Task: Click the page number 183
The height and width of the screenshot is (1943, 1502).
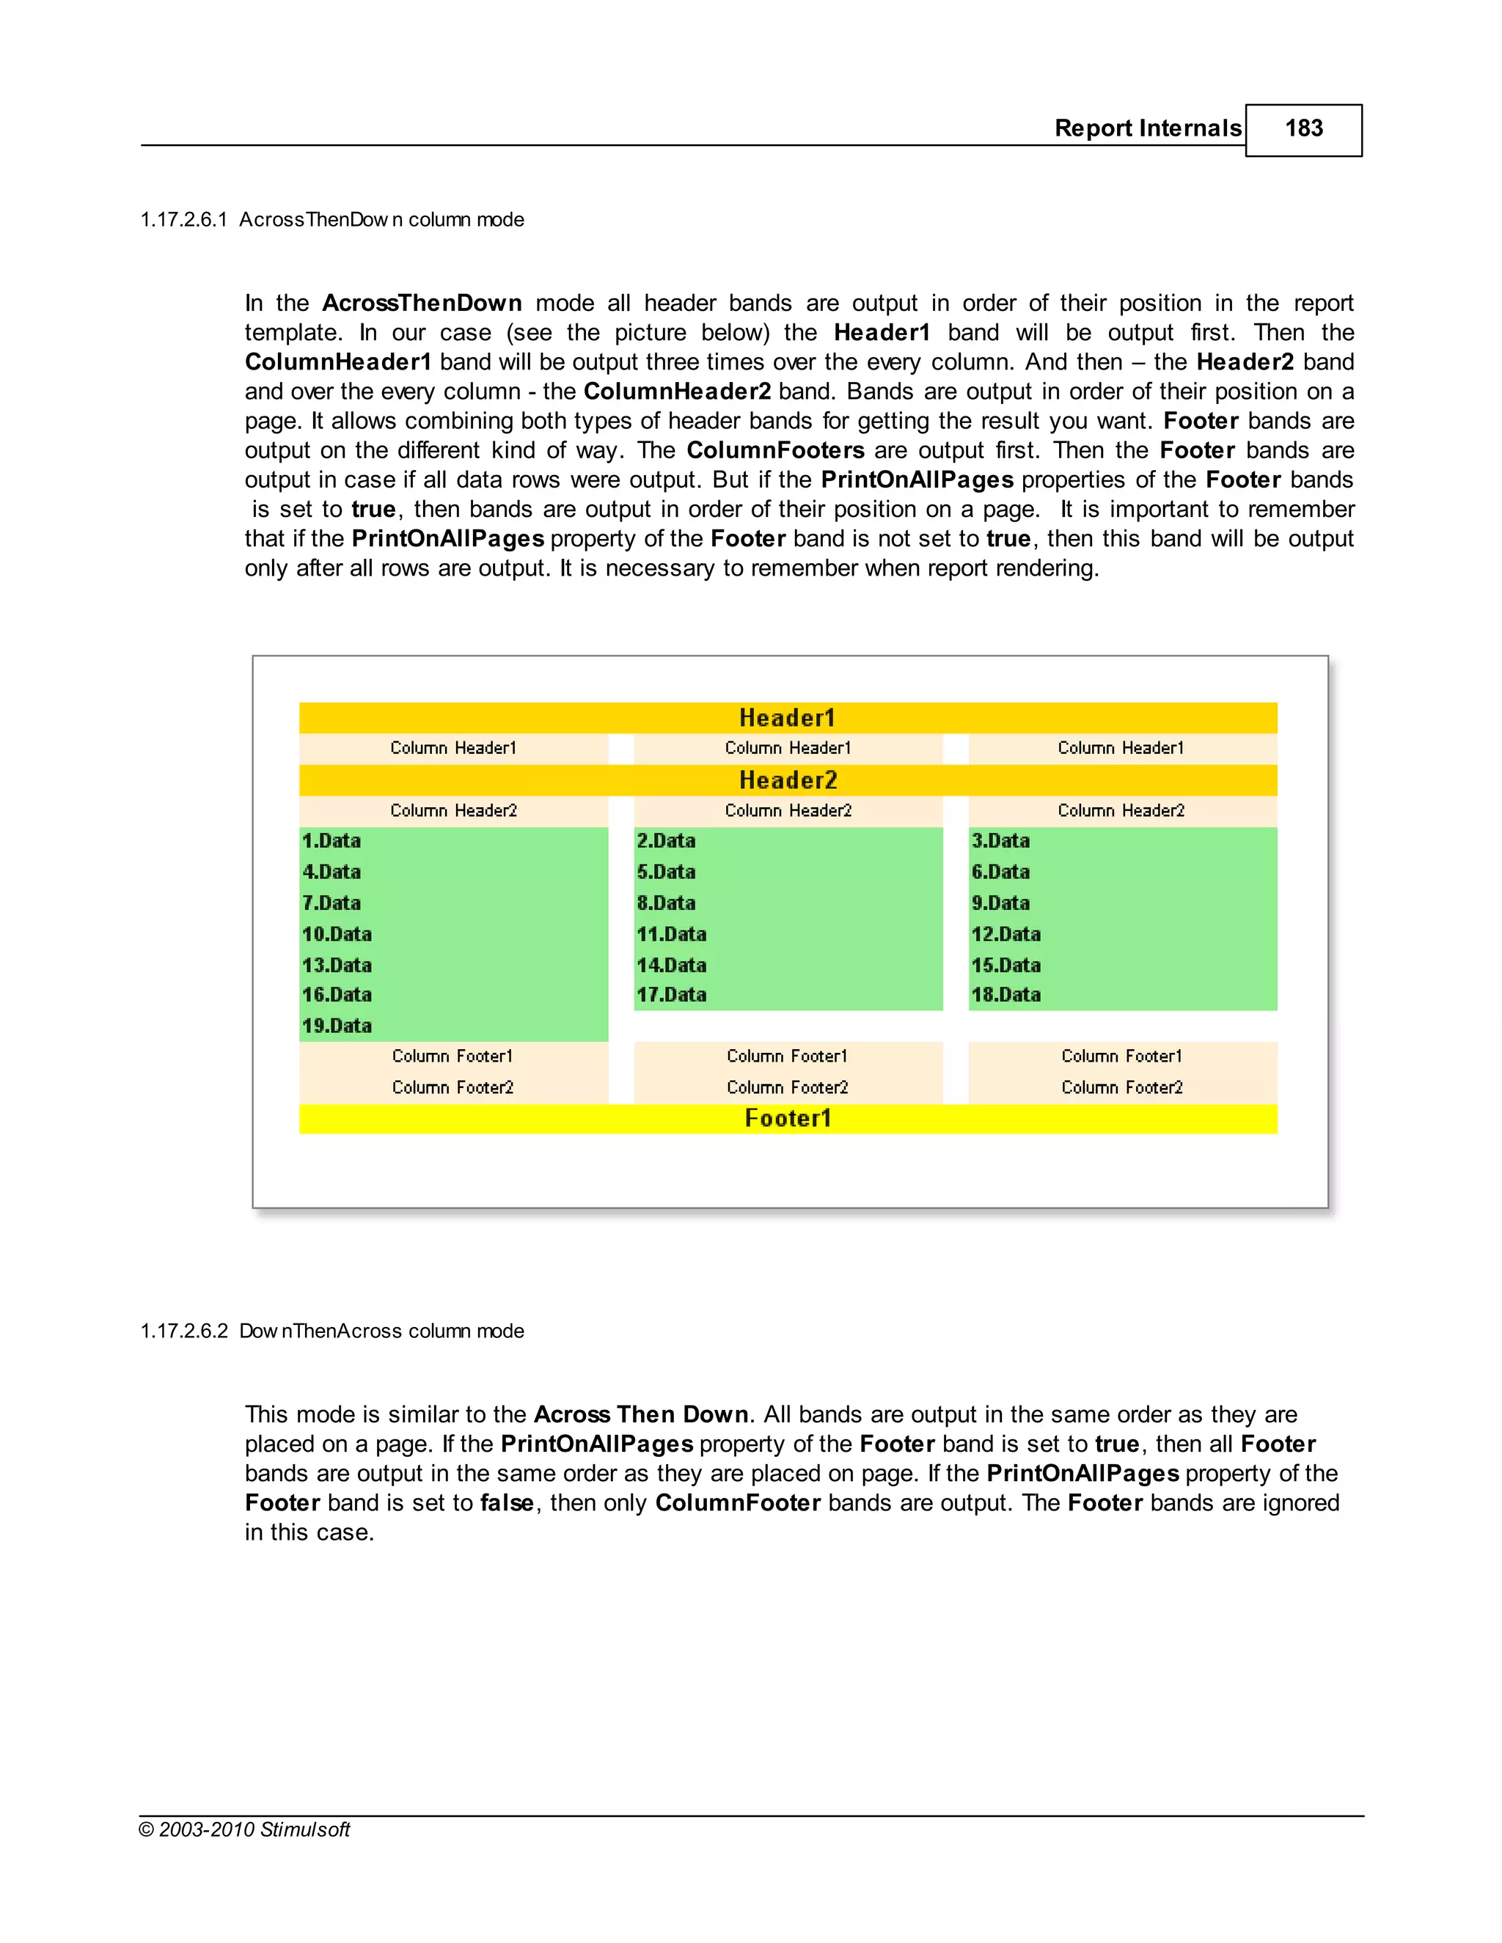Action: click(x=1303, y=128)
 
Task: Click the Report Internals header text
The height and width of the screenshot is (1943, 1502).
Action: click(x=1147, y=128)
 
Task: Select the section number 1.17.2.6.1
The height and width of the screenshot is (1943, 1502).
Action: click(x=183, y=220)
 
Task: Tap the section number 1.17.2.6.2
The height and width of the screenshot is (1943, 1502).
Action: click(x=183, y=1331)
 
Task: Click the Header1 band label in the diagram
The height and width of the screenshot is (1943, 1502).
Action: click(x=788, y=718)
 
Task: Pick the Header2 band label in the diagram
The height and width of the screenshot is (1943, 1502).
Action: click(x=788, y=780)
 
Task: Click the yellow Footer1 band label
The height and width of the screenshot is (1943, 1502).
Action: click(x=788, y=1118)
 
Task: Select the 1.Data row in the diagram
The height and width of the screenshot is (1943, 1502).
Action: click(x=331, y=841)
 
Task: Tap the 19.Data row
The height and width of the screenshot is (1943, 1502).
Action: click(x=337, y=1026)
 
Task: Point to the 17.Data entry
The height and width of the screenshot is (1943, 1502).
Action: click(x=671, y=995)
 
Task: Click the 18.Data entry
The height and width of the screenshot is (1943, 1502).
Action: click(x=1005, y=995)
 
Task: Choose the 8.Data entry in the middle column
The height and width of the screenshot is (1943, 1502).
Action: click(x=666, y=903)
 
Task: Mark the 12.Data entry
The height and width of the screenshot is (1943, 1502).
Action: click(x=1005, y=934)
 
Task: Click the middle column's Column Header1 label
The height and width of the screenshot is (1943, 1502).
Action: click(x=788, y=748)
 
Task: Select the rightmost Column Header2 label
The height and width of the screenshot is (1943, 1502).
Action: click(x=1121, y=810)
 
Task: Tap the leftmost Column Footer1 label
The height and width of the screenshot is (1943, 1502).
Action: click(x=452, y=1056)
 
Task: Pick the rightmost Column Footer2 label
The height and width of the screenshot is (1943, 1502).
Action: click(x=1121, y=1087)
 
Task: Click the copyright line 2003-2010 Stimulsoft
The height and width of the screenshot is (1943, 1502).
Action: click(x=245, y=1829)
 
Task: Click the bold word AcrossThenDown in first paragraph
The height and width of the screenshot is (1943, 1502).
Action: click(x=422, y=304)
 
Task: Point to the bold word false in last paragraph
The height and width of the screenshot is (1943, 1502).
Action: click(x=508, y=1502)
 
